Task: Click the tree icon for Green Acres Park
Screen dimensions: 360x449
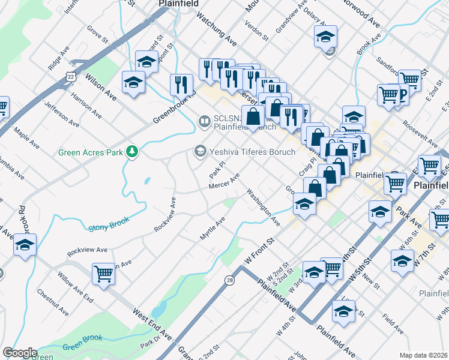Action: pyautogui.click(x=131, y=152)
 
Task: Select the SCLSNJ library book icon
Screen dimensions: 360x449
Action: pyautogui.click(x=203, y=122)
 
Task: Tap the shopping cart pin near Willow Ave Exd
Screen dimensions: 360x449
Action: pyautogui.click(x=103, y=275)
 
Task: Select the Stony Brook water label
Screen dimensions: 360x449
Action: pyautogui.click(x=109, y=226)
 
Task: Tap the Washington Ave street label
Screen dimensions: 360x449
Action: pyautogui.click(x=263, y=208)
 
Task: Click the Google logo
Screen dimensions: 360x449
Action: pyautogui.click(x=20, y=353)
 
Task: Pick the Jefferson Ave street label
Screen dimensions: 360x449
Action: pyautogui.click(x=61, y=114)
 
